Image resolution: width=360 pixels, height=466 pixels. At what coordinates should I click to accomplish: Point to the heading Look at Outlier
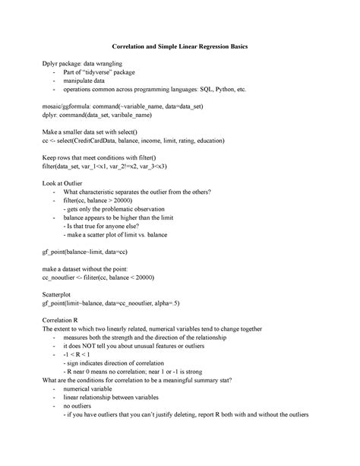[x=67, y=182]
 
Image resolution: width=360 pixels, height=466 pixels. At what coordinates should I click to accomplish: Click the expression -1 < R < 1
[x=78, y=354]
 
